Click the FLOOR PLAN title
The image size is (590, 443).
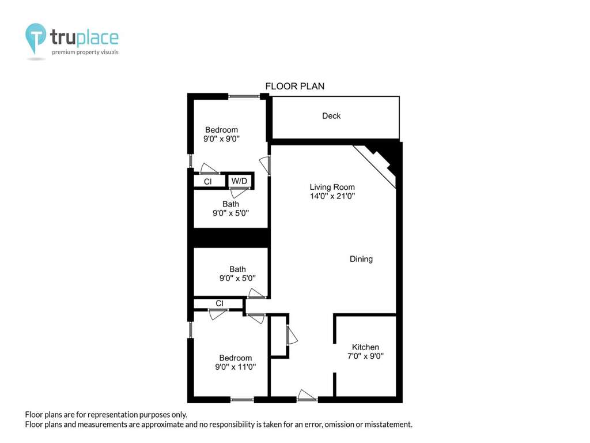pyautogui.click(x=294, y=87)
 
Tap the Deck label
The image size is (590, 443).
pyautogui.click(x=331, y=115)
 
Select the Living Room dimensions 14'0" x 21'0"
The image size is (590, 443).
pyautogui.click(x=332, y=196)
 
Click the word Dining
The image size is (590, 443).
pyautogui.click(x=361, y=259)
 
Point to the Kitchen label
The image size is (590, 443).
pyautogui.click(x=365, y=347)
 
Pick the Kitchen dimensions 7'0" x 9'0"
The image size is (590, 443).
pyautogui.click(x=365, y=356)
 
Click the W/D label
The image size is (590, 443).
pyautogui.click(x=239, y=181)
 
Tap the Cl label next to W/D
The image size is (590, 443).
pyautogui.click(x=207, y=182)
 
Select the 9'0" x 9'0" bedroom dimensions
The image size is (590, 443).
pyautogui.click(x=221, y=138)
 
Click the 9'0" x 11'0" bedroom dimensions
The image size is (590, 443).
pyautogui.click(x=236, y=367)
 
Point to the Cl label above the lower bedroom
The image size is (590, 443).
pyautogui.click(x=220, y=303)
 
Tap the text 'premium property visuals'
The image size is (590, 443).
pyautogui.click(x=85, y=52)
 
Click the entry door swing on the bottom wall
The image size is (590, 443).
pyautogui.click(x=307, y=395)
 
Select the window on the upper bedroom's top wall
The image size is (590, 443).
pyautogui.click(x=244, y=96)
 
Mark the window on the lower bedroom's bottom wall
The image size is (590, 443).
pyautogui.click(x=242, y=400)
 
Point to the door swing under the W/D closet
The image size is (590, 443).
pyautogui.click(x=239, y=192)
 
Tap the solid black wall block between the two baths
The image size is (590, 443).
pyautogui.click(x=231, y=238)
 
